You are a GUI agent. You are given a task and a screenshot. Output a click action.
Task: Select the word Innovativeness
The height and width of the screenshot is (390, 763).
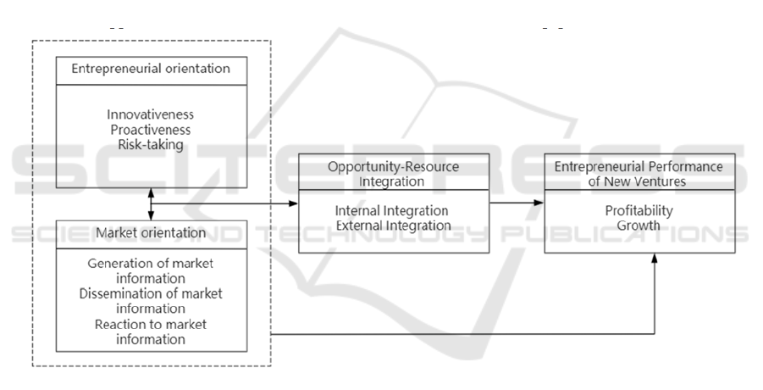(152, 114)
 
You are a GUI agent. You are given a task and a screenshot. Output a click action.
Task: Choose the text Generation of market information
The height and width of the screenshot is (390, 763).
(152, 270)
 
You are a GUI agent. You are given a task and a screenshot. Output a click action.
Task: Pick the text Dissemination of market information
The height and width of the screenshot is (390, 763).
(152, 301)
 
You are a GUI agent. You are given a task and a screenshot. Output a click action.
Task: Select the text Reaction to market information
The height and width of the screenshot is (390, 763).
(152, 332)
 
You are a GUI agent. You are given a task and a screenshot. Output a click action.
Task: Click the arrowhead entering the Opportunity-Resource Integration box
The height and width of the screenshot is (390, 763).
(294, 203)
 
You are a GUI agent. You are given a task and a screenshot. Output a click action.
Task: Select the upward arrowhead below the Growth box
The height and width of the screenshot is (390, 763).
(654, 260)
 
